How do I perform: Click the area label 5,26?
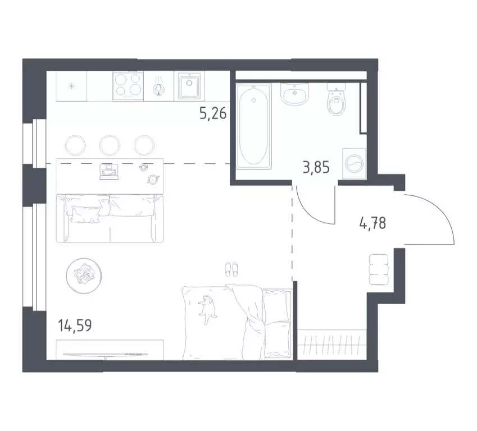point(213,115)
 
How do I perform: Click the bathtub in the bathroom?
point(255,126)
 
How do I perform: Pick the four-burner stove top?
point(128,86)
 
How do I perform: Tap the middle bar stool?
point(110,145)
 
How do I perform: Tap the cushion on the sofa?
point(84,212)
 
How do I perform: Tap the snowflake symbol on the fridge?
point(71,86)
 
